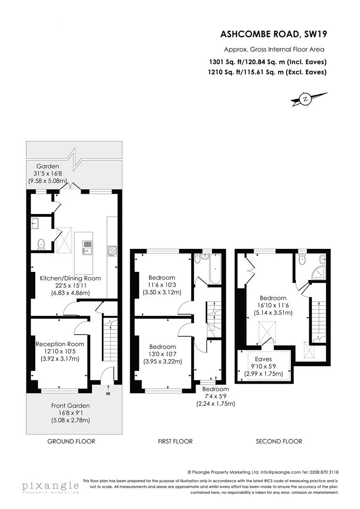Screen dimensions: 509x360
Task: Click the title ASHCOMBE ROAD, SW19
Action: tap(274, 34)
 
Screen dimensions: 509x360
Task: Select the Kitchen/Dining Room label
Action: tap(70, 278)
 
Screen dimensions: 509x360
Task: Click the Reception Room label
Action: tap(59, 344)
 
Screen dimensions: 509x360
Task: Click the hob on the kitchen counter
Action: tap(113, 250)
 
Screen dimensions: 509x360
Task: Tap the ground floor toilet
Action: tap(41, 244)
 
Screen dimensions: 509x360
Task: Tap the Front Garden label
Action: tap(70, 405)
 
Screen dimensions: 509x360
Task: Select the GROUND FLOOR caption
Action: tap(72, 442)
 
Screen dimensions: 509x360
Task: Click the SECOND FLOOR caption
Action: tap(279, 442)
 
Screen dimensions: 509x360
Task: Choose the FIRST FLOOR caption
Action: tap(175, 442)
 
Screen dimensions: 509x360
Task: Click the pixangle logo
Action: tap(50, 486)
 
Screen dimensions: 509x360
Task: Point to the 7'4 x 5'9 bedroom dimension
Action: tap(215, 396)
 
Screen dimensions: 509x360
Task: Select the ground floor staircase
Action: tap(110, 344)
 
